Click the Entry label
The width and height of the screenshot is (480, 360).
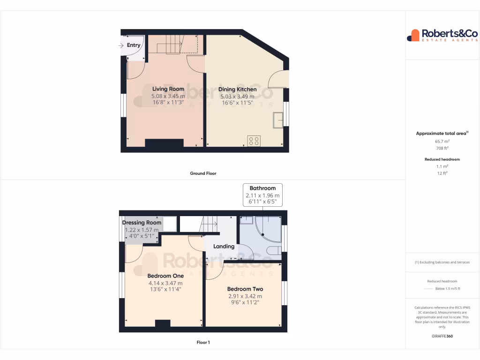134,45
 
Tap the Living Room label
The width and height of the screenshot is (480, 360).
168,89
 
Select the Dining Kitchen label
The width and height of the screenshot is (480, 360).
238,90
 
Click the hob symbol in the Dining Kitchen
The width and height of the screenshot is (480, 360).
254,141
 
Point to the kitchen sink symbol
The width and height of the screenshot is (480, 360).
278,120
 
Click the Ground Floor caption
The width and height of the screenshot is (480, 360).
203,173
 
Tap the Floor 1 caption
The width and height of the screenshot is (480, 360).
203,343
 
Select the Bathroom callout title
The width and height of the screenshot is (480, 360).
262,188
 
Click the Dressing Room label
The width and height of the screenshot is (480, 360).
142,223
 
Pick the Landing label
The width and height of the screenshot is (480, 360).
224,247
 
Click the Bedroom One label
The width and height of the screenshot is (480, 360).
165,276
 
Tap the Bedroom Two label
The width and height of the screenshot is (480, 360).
245,289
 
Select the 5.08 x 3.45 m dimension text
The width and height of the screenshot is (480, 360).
168,96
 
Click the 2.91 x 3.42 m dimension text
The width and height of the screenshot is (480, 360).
245,296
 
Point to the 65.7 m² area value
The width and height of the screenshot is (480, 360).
442,141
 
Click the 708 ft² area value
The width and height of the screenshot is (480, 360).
442,148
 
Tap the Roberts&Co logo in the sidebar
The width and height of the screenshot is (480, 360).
442,35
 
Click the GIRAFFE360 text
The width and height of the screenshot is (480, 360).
442,336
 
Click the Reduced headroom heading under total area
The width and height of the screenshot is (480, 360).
442,159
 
